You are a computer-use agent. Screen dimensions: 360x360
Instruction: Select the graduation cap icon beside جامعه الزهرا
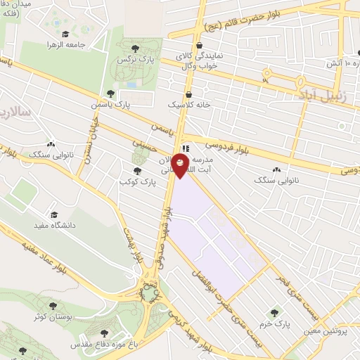pyautogui.click(x=65, y=34)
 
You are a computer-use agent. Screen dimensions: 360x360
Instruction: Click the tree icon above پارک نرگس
pyautogui.click(x=135, y=48)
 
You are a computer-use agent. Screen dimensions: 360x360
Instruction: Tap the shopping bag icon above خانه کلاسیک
pyautogui.click(x=188, y=95)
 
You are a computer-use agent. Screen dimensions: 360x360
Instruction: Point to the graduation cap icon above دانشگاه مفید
pyautogui.click(x=53, y=214)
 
